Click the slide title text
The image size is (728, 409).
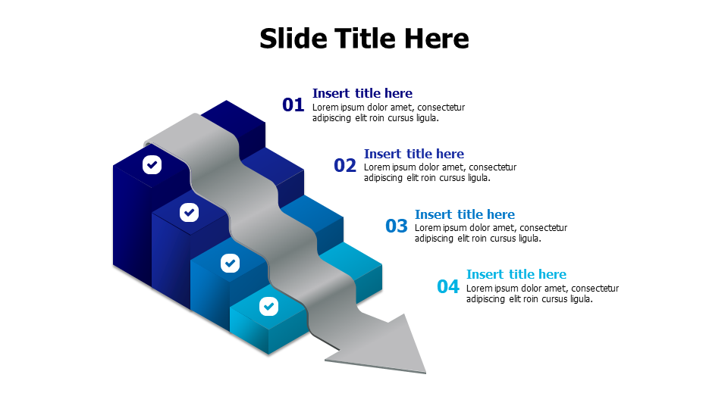[364, 38]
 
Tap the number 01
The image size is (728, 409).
[293, 105]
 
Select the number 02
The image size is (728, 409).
[345, 166]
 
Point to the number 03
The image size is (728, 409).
[397, 226]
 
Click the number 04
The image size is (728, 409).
[448, 287]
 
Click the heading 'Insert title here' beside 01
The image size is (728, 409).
[362, 93]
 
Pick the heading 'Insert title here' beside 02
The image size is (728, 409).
[414, 154]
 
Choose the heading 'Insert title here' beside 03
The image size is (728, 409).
[465, 214]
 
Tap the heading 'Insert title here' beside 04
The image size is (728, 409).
[516, 274]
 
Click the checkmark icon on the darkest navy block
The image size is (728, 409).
[152, 164]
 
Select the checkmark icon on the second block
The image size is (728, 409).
[189, 212]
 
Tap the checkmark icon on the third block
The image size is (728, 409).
[230, 263]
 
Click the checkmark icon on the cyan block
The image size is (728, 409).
[268, 307]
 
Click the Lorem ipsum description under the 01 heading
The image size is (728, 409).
[388, 113]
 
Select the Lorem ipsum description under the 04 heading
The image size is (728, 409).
[542, 294]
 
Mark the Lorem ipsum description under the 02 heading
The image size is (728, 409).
[440, 173]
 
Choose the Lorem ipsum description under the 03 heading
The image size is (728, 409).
[491, 233]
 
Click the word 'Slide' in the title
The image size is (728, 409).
[292, 38]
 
